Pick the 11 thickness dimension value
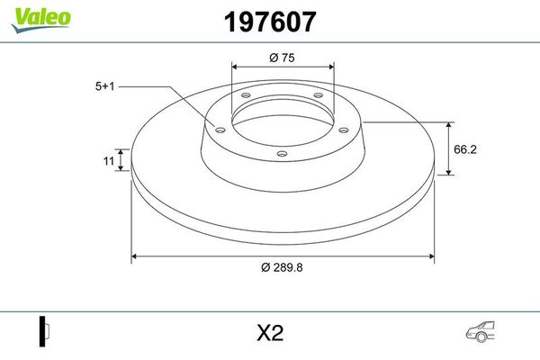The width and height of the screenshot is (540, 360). pos(109,161)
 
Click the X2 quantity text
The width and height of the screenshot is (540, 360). pos(270,333)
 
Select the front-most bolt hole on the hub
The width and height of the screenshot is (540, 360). pos(282,154)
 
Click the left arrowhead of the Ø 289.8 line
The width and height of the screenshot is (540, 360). pos(136,256)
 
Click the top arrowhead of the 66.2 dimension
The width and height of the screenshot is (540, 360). pos(450,124)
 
